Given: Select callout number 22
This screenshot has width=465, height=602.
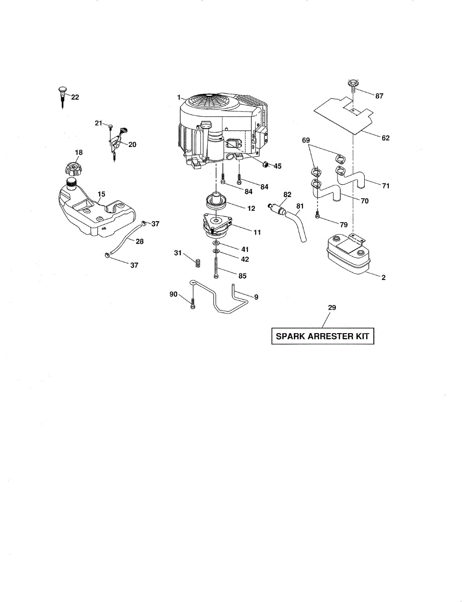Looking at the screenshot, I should [75, 97].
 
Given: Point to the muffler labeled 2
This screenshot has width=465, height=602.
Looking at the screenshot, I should [347, 256].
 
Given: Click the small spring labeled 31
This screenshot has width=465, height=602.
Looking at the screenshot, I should [197, 261].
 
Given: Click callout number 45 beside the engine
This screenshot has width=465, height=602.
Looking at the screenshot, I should [277, 166].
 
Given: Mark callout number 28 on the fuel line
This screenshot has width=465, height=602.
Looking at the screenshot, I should [139, 241].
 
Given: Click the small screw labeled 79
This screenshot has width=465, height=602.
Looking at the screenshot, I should [318, 216].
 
